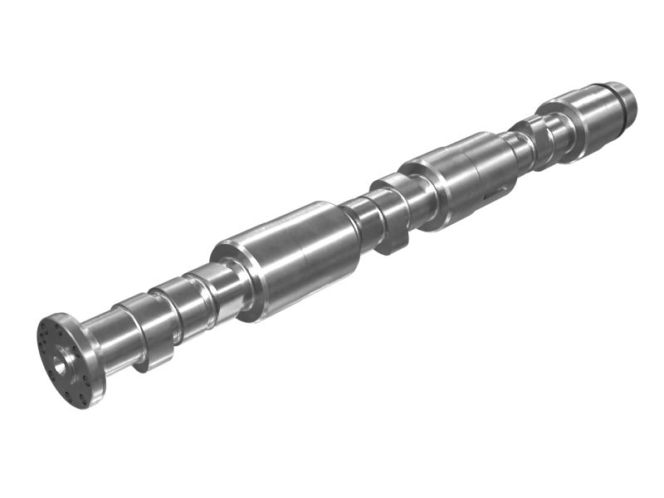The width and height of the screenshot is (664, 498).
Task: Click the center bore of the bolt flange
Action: [x=61, y=361]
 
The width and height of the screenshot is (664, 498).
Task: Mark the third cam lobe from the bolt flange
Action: [x=207, y=286]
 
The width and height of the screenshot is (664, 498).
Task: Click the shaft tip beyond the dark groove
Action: [x=627, y=102]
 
